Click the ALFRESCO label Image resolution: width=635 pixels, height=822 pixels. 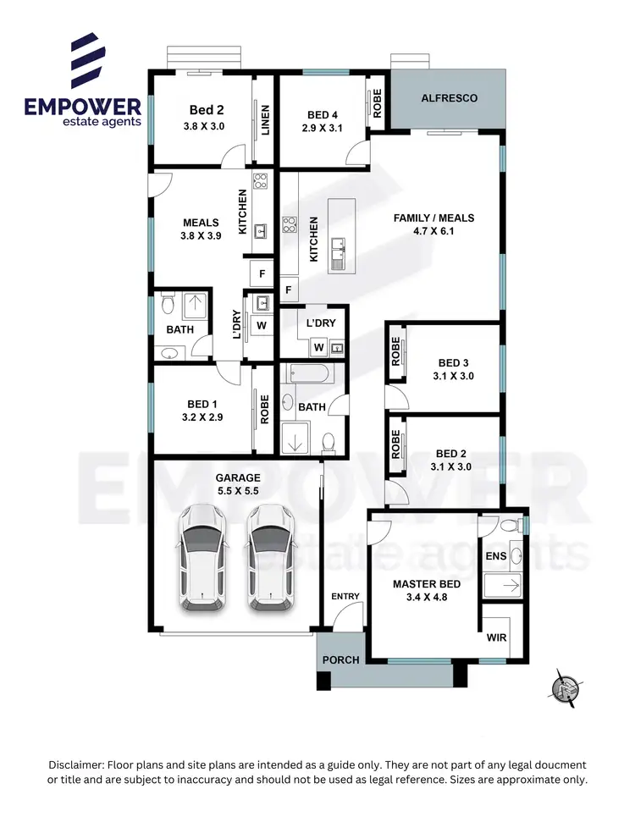(x=449, y=98)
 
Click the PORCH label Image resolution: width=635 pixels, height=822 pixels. (x=342, y=659)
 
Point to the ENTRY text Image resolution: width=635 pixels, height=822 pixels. (x=345, y=596)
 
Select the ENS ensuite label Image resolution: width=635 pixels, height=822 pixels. (x=494, y=556)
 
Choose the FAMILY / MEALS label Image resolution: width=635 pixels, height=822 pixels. (x=433, y=218)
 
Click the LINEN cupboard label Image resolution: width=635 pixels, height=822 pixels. (x=265, y=119)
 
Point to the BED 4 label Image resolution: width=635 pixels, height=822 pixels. (x=322, y=115)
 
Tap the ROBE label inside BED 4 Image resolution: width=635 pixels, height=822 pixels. (x=377, y=105)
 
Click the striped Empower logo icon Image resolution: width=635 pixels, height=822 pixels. (x=87, y=59)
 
